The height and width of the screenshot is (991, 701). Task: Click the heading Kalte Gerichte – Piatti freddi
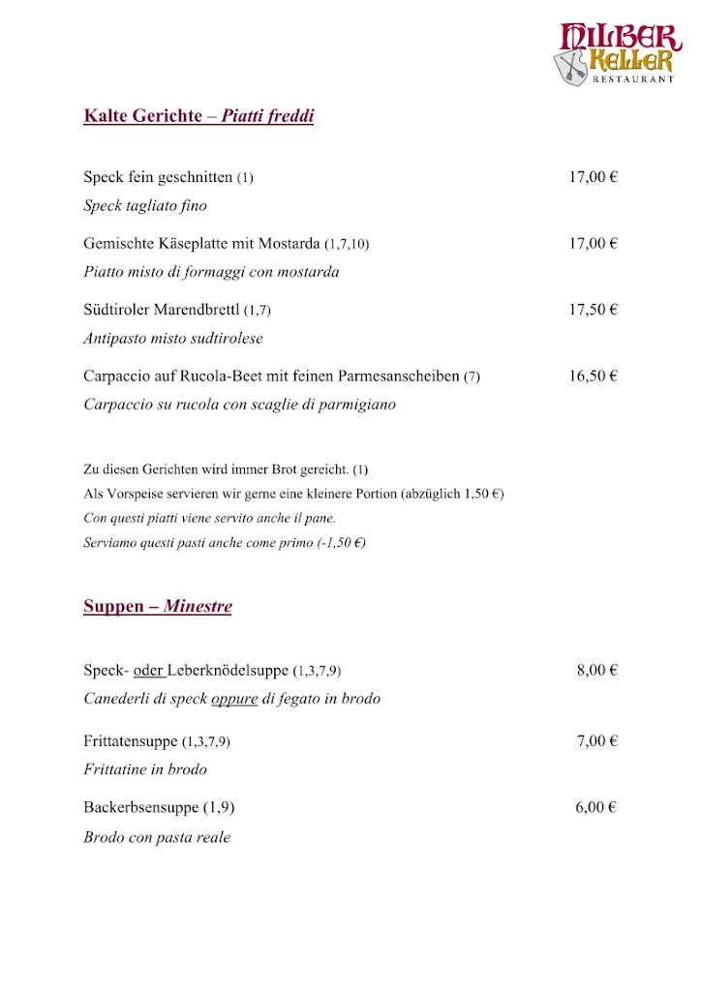(x=198, y=117)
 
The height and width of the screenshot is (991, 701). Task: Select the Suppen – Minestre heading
(x=158, y=607)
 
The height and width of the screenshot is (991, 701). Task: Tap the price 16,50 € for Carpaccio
(x=593, y=375)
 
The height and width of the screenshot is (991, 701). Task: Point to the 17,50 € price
(x=593, y=310)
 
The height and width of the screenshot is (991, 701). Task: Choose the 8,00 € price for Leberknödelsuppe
(x=596, y=670)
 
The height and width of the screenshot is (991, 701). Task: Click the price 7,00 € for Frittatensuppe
(x=596, y=741)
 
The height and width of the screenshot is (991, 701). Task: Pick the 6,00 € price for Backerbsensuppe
(x=596, y=807)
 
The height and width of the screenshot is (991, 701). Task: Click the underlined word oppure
(x=234, y=699)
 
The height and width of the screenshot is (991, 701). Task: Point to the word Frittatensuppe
(x=131, y=741)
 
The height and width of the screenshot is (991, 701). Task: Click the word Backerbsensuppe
(x=141, y=807)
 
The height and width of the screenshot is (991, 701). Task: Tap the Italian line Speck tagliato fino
(x=145, y=205)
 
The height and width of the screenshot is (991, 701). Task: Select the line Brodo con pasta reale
(x=157, y=837)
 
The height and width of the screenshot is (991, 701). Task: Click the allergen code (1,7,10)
(x=347, y=244)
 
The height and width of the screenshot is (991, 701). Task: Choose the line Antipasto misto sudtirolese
(x=173, y=339)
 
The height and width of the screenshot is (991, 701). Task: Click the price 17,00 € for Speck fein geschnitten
(x=593, y=177)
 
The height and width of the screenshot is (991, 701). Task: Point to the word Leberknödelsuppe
(x=229, y=670)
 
